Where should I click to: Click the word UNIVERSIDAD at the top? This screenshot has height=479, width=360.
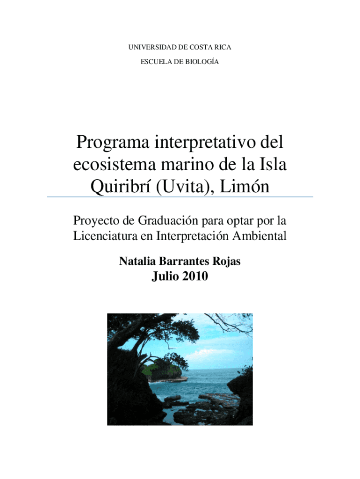coord(145,47)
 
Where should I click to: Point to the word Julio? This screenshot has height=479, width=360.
coord(164,277)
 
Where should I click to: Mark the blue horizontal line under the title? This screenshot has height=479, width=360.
coord(180,197)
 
